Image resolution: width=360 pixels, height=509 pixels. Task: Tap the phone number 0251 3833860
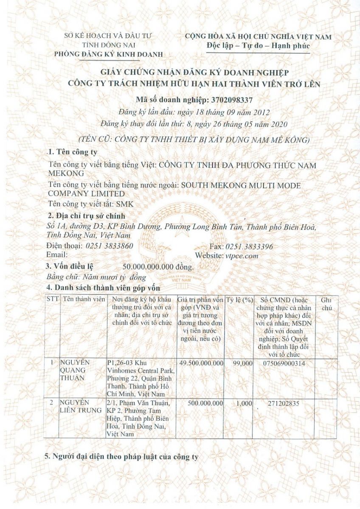[110, 246]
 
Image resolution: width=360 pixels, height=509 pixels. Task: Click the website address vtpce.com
[242, 255]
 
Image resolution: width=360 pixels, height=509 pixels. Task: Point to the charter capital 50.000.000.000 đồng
[157, 267]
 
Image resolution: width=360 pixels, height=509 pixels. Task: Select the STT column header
[52, 299]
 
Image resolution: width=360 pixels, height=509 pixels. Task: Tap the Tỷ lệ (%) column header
[240, 299]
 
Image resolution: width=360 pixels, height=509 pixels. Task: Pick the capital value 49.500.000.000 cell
[201, 363]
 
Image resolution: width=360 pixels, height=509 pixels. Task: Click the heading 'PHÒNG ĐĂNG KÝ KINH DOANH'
[108, 54]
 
